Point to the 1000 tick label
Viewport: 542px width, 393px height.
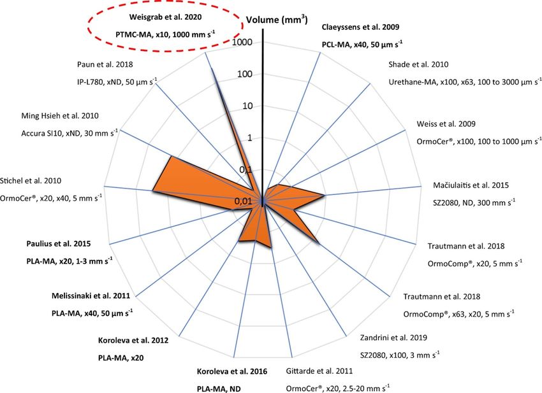pos(244,42)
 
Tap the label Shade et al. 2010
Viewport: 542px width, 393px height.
pos(418,64)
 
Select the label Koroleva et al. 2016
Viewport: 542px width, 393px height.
pos(232,371)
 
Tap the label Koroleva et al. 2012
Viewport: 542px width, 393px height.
pos(135,339)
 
